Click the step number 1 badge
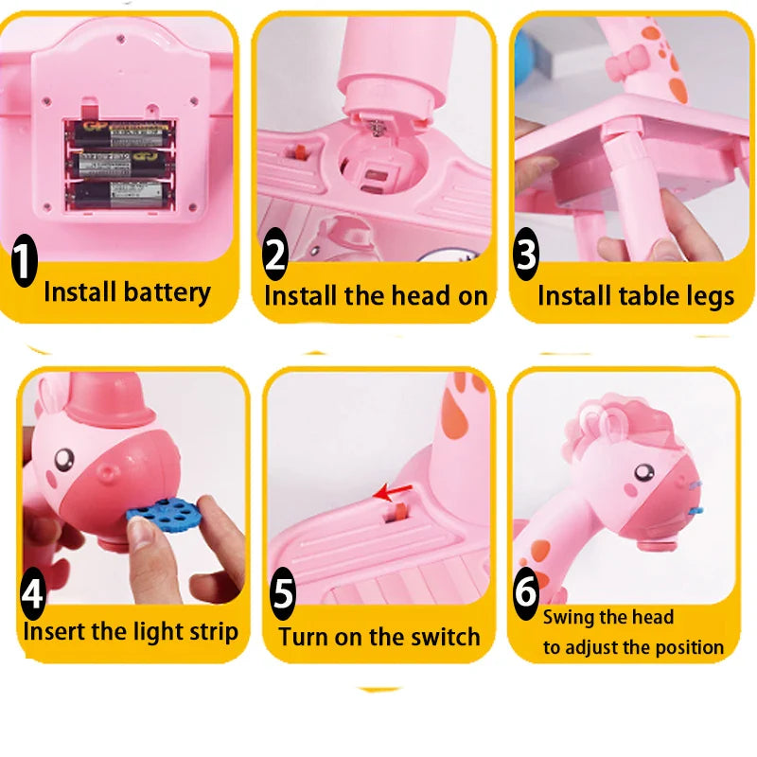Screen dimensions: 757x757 tap(24, 263)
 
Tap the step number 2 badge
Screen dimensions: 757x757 tap(275, 255)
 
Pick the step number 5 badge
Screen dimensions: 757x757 tap(283, 596)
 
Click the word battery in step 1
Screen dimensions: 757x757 tap(167, 291)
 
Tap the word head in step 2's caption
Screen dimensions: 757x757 tap(417, 295)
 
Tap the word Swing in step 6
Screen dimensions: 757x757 tap(568, 618)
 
